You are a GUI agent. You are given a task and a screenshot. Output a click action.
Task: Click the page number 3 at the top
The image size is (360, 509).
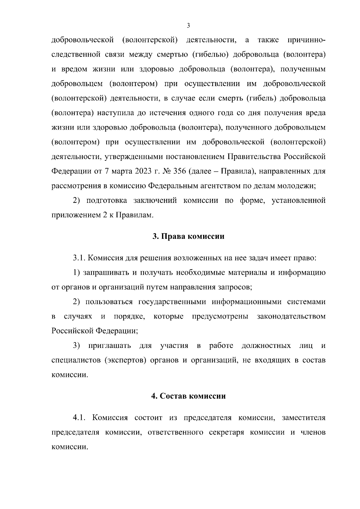pyautogui.click(x=188, y=26)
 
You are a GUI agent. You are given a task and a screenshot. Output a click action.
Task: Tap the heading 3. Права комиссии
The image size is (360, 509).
pyautogui.click(x=188, y=236)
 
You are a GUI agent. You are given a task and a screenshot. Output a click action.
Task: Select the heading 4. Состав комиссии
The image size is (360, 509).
pyautogui.click(x=188, y=396)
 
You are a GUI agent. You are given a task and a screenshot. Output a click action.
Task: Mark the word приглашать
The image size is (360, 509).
pyautogui.click(x=109, y=346)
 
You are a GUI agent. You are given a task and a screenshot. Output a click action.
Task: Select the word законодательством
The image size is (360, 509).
pyautogui.click(x=291, y=316)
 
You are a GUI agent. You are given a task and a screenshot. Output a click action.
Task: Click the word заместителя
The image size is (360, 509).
pyautogui.click(x=304, y=418)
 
